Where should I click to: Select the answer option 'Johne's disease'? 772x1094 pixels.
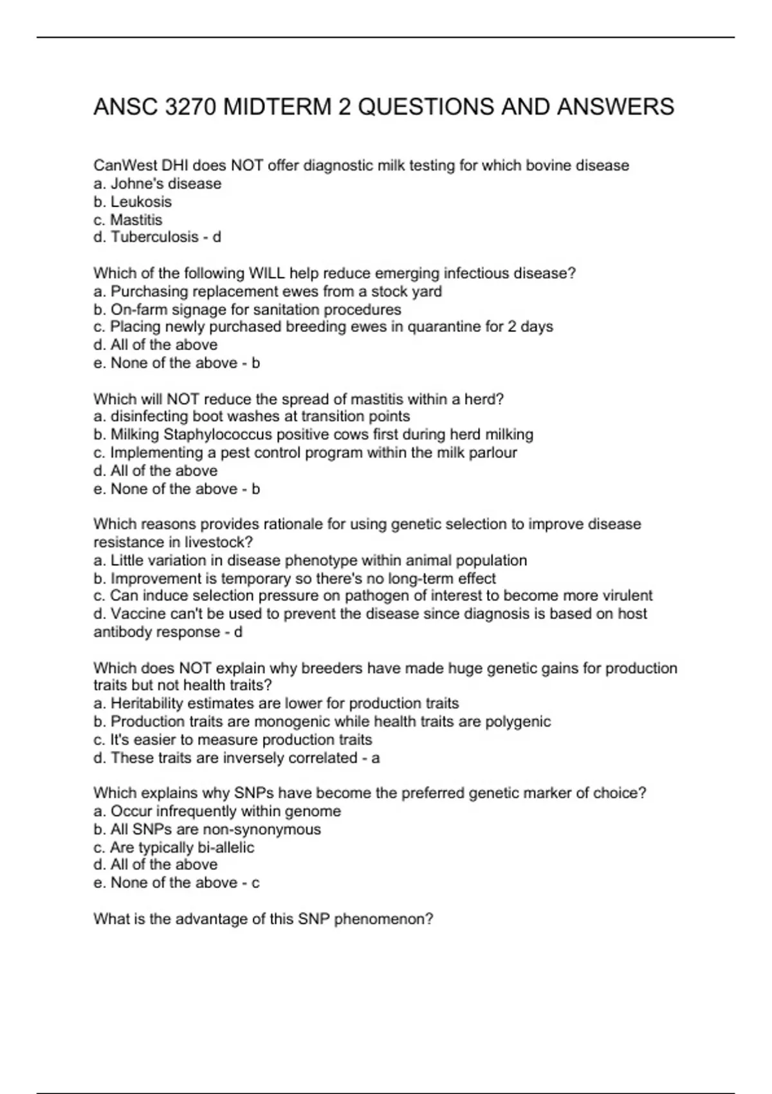click(166, 184)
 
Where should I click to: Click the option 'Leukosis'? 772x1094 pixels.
click(141, 202)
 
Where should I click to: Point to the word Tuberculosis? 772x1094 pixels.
click(154, 237)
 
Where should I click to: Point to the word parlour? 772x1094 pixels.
click(492, 453)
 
